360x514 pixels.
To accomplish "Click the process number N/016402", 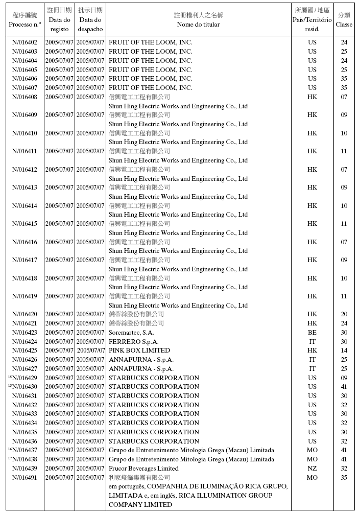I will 25,42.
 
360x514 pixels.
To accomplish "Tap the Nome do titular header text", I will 198,25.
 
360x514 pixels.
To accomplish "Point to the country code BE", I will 312,333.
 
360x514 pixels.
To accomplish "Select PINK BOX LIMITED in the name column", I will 139,351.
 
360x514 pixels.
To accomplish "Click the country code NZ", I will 312,469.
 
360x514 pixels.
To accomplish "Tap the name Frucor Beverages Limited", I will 143,469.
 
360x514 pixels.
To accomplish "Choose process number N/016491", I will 25,478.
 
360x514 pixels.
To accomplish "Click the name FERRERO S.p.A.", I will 134,342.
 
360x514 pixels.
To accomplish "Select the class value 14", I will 344,351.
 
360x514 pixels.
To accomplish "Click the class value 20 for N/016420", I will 344,314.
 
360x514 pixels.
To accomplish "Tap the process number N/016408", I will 25,97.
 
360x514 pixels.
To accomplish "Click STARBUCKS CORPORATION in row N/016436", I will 154,441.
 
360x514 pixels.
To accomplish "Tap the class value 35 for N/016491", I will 344,478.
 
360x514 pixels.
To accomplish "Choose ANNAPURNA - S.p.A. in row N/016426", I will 141,360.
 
